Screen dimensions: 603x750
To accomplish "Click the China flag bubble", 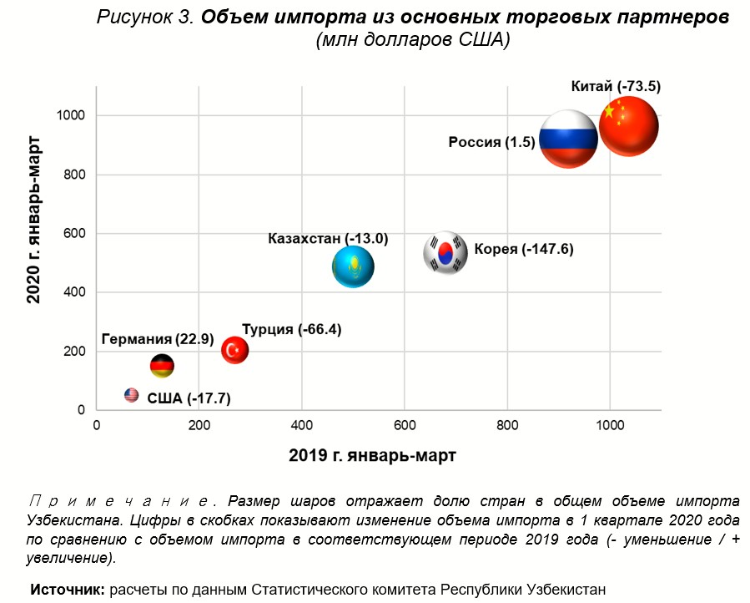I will pyautogui.click(x=629, y=126).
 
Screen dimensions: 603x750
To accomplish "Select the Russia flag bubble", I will pyautogui.click(x=568, y=139).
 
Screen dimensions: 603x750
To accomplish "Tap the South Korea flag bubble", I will pyautogui.click(x=445, y=252).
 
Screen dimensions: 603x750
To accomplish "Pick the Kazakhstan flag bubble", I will pyautogui.click(x=353, y=267).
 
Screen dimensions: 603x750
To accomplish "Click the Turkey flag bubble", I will pyautogui.click(x=234, y=350).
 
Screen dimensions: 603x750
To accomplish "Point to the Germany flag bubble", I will pyautogui.click(x=162, y=366).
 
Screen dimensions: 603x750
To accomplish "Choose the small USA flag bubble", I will pyautogui.click(x=131, y=395).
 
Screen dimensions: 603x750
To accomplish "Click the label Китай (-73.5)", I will pyautogui.click(x=616, y=86).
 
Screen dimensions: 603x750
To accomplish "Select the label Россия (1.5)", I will pyautogui.click(x=491, y=142).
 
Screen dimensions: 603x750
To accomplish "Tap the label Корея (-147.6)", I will pyautogui.click(x=523, y=249).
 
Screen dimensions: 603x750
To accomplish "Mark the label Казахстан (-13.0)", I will pyautogui.click(x=328, y=239).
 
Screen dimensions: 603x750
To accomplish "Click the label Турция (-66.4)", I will pyautogui.click(x=291, y=329).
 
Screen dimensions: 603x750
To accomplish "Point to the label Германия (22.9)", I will pyautogui.click(x=158, y=339).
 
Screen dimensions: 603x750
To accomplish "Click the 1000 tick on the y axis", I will pyautogui.click(x=73, y=115).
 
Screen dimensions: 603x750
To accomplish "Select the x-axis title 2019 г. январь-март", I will pyautogui.click(x=372, y=456).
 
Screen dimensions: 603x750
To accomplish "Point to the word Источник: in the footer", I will pyautogui.click(x=68, y=589).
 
